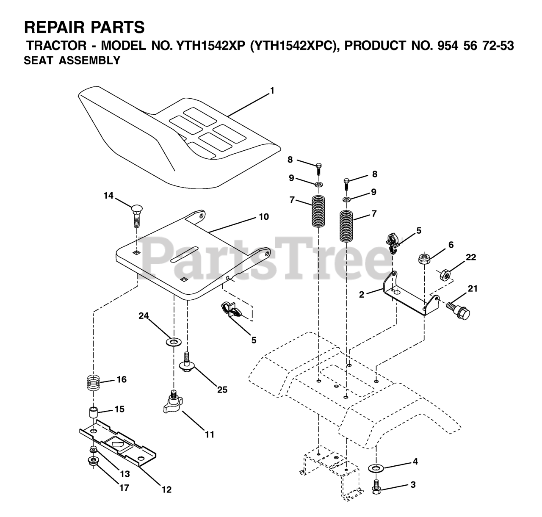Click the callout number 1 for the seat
tap(272, 91)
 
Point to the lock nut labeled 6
tap(424, 258)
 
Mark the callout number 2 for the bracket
tap(361, 295)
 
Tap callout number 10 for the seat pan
tap(263, 217)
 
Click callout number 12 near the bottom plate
tap(166, 489)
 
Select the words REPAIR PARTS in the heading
tap(84, 28)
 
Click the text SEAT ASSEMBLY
tap(72, 61)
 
